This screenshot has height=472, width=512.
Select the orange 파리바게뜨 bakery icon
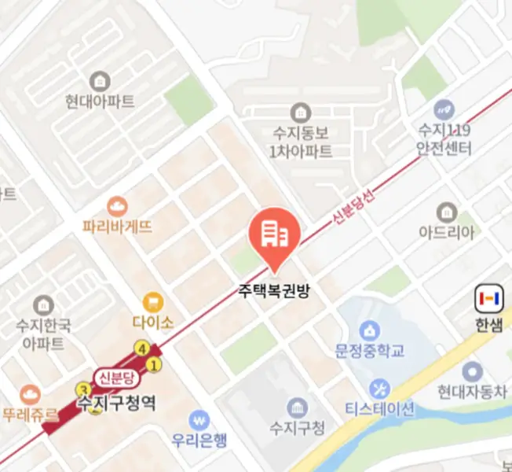point(117,207)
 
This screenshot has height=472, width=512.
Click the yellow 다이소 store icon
point(153,301)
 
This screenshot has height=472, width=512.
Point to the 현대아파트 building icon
point(100,81)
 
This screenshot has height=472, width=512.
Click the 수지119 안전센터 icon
point(444,109)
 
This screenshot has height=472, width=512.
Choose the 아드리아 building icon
point(447,212)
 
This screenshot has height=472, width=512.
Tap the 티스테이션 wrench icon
point(379,389)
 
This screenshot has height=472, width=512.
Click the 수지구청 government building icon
point(297,407)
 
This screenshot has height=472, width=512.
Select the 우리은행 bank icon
point(203,419)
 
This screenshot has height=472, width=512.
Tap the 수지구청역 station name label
point(116,404)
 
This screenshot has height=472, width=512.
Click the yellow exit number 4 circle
point(142,348)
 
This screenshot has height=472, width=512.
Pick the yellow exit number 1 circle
point(155,364)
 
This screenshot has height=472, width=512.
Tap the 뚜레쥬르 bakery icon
point(30,392)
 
